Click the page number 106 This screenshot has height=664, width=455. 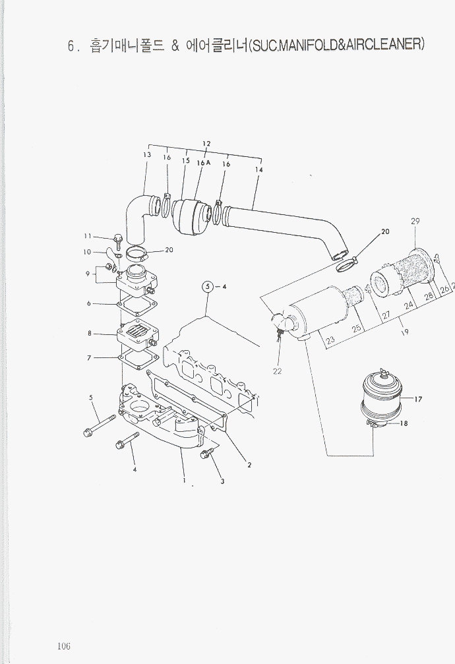[63, 645]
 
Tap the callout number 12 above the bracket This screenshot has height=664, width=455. [206, 143]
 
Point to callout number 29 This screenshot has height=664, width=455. [415, 221]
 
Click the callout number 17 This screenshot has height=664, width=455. [418, 398]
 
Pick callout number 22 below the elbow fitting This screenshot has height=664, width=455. [278, 371]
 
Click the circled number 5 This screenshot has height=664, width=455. [208, 286]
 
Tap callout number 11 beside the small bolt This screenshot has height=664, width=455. [87, 236]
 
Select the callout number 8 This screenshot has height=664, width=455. [89, 334]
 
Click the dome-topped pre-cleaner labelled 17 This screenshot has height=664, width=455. [380, 396]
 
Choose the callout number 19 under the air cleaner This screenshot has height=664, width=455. [405, 332]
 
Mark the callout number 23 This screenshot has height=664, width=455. [330, 340]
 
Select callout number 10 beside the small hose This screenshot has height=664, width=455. [87, 252]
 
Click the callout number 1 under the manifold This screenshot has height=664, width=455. [184, 480]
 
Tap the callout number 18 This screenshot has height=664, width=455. [404, 424]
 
